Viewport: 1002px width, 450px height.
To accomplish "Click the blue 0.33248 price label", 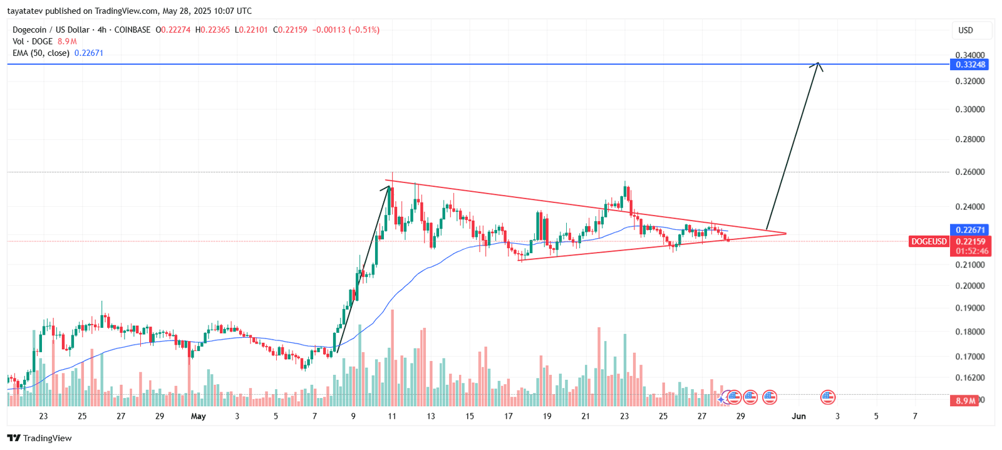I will pyautogui.click(x=970, y=65).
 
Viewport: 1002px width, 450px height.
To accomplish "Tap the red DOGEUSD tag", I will pyautogui.click(x=929, y=241).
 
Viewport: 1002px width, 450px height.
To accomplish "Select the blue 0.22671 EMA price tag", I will pyautogui.click(x=970, y=230).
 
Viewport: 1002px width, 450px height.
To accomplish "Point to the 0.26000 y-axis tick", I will pyautogui.click(x=969, y=172).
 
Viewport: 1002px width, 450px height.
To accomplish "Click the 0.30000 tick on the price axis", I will pyautogui.click(x=969, y=109).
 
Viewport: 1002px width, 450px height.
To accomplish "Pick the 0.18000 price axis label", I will pyautogui.click(x=969, y=332).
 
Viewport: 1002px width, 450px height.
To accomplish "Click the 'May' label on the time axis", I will pyautogui.click(x=198, y=416).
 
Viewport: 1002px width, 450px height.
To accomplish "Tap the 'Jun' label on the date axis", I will pyautogui.click(x=798, y=416).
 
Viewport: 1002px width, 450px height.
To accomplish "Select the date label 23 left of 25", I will pyautogui.click(x=43, y=416).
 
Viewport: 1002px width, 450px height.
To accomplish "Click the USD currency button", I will pyautogui.click(x=966, y=30).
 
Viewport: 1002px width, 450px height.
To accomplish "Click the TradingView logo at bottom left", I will pyautogui.click(x=39, y=438).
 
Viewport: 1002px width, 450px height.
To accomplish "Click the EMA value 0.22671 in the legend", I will pyautogui.click(x=88, y=53).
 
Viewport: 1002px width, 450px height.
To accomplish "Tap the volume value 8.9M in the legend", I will pyautogui.click(x=67, y=41).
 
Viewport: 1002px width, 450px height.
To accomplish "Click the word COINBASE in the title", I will pyautogui.click(x=132, y=29).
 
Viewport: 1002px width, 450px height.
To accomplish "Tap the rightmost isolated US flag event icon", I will pyautogui.click(x=828, y=397).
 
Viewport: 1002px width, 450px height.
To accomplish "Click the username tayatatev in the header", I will pyautogui.click(x=24, y=11).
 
